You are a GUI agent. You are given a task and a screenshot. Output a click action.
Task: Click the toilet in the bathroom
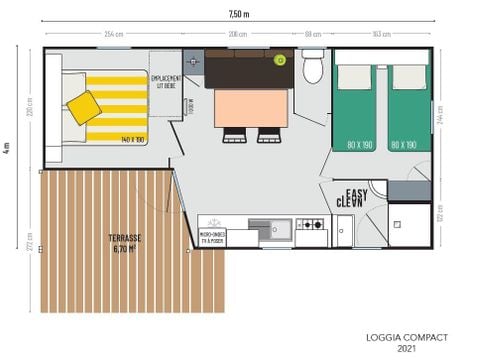(313, 68)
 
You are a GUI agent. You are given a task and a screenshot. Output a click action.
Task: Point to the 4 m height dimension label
(8, 147)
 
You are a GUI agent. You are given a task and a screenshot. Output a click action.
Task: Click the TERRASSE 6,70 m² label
(126, 242)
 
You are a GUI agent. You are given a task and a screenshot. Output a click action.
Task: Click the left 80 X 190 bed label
(359, 145)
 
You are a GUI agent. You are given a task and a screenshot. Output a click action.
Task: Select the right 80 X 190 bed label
(404, 145)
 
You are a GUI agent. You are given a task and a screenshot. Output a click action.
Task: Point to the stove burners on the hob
(312, 226)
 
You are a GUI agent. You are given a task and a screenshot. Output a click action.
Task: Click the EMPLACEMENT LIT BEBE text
(165, 80)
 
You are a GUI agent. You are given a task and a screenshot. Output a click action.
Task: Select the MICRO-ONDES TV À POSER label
(212, 237)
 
